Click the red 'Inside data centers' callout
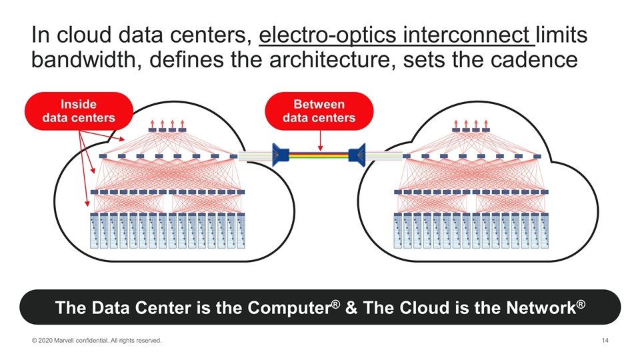79,111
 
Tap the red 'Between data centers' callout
319,111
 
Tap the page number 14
605,341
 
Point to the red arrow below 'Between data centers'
320,140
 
